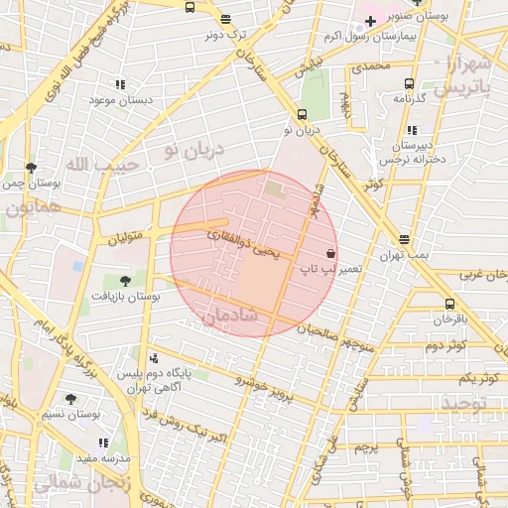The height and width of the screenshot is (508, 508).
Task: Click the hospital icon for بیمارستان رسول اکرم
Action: [x=370, y=20]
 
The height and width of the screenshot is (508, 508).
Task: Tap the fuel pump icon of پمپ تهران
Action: [x=405, y=239]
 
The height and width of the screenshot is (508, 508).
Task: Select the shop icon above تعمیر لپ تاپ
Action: [x=330, y=253]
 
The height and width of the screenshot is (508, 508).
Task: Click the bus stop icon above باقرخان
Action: [x=450, y=305]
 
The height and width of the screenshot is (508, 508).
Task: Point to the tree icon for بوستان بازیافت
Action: [x=124, y=281]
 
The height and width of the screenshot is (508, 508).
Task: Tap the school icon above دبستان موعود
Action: [x=120, y=85]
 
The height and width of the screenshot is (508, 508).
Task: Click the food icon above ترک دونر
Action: [x=225, y=19]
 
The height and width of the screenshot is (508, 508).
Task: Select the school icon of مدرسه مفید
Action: [x=101, y=443]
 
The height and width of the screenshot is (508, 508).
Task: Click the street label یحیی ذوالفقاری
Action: [x=243, y=245]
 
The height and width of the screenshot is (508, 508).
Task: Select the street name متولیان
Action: [x=126, y=238]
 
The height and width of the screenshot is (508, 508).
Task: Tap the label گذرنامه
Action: [x=409, y=98]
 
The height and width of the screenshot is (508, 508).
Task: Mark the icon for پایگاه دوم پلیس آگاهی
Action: [x=153, y=358]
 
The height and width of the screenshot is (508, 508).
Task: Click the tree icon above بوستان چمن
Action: [x=31, y=168]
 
